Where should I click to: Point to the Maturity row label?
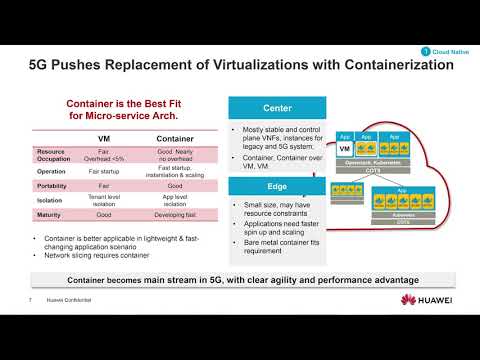37,213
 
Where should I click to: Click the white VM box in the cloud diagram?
343,149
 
